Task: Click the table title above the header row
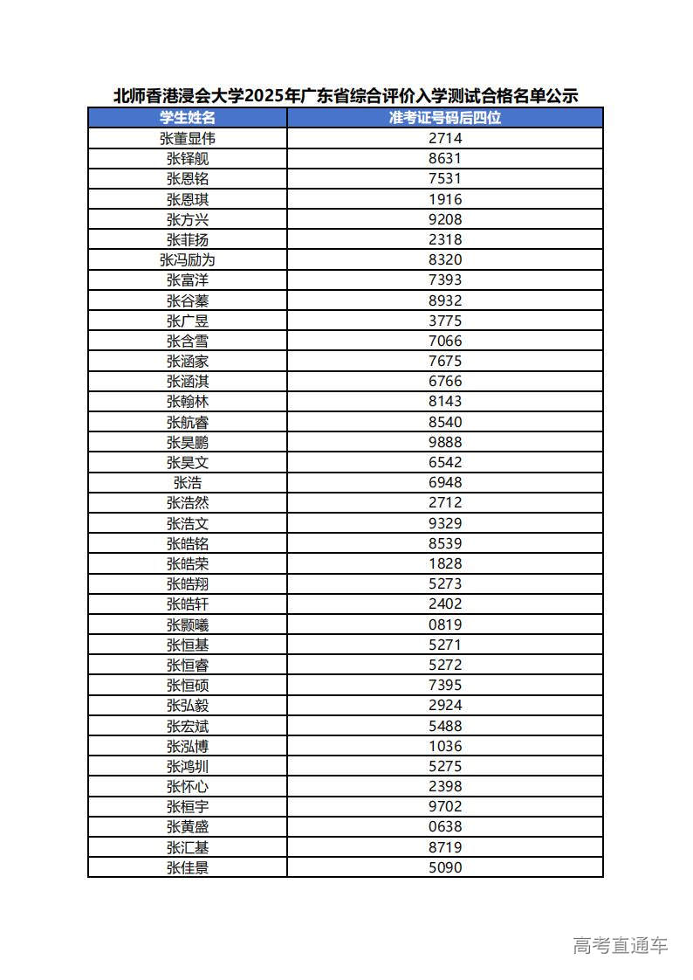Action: point(346,96)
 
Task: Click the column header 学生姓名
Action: point(188,118)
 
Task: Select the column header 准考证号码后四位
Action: point(445,118)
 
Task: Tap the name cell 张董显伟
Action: point(188,138)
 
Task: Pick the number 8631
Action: point(445,158)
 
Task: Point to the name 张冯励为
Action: point(188,259)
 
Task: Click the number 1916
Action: point(445,199)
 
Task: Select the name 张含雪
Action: point(188,341)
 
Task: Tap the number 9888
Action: point(445,442)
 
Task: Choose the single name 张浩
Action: point(188,482)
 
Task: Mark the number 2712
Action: point(445,502)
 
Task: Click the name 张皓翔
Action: point(188,583)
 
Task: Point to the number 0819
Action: point(445,625)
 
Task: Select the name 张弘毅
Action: point(188,705)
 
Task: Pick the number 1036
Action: point(445,746)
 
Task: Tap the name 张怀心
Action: point(188,786)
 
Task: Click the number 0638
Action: point(445,826)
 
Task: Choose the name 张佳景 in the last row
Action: point(188,867)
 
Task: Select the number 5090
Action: point(445,867)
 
